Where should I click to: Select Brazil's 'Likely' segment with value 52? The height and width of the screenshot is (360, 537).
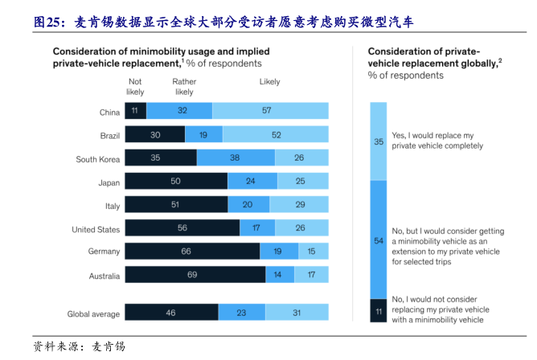coord(276,135)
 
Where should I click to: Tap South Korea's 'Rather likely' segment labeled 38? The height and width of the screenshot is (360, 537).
coord(236,158)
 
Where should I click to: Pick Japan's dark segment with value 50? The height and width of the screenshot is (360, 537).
coord(176,182)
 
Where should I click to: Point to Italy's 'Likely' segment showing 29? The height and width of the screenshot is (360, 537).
coord(300,206)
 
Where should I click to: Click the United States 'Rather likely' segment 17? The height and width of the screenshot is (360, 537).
coord(256,229)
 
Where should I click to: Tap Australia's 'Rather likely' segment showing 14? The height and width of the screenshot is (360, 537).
coord(279,275)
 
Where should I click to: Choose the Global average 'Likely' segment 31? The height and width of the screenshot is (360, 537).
coord(297,313)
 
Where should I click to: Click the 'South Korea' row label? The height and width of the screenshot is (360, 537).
coord(98,159)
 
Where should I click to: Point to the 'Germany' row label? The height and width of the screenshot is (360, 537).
coord(105,252)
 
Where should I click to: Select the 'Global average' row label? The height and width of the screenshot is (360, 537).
coord(95,314)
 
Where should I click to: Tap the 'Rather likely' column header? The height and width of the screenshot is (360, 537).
coord(183,87)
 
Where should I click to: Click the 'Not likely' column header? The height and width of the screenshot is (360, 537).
coord(135,87)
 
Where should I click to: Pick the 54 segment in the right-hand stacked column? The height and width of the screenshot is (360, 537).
coord(378,240)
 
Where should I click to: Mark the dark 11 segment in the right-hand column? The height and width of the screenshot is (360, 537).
coord(378,310)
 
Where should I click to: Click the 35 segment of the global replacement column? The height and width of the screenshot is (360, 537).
coord(378,141)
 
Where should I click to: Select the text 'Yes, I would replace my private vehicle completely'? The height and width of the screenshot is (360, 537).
coord(437,141)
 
